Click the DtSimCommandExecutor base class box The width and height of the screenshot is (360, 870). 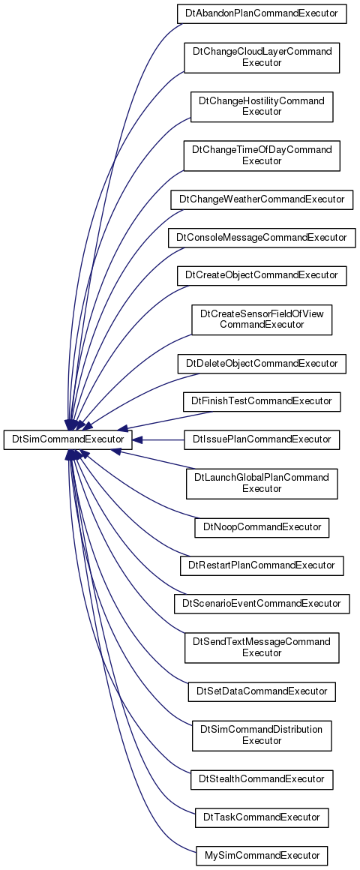tap(67, 440)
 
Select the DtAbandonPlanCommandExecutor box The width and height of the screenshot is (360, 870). tap(262, 13)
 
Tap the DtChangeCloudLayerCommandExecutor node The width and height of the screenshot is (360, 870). tap(262, 58)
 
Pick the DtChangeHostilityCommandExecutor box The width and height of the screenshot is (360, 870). tap(262, 106)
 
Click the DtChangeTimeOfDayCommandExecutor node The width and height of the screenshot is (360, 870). tap(262, 156)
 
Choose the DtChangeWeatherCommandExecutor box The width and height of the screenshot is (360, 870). tap(262, 199)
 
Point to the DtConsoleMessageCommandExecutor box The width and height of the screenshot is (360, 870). tap(262, 238)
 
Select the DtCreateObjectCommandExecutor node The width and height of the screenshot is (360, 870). tap(262, 276)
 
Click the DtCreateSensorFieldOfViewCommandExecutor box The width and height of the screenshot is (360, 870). tap(262, 319)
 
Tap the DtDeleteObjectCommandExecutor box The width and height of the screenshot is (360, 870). tap(262, 364)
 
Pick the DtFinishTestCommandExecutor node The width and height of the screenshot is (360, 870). tap(262, 402)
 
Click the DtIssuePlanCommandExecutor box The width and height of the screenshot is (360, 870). tap(262, 440)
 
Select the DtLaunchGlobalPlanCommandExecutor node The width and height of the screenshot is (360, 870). tap(262, 484)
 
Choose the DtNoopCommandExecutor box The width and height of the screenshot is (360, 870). tap(262, 527)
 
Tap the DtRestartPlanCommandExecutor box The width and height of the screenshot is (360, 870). tap(262, 565)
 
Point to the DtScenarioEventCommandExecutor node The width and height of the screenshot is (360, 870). tap(262, 604)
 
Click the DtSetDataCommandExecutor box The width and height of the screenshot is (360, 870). tap(262, 691)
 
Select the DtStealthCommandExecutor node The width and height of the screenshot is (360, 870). tap(262, 779)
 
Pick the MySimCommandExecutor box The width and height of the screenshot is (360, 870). tap(262, 856)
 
